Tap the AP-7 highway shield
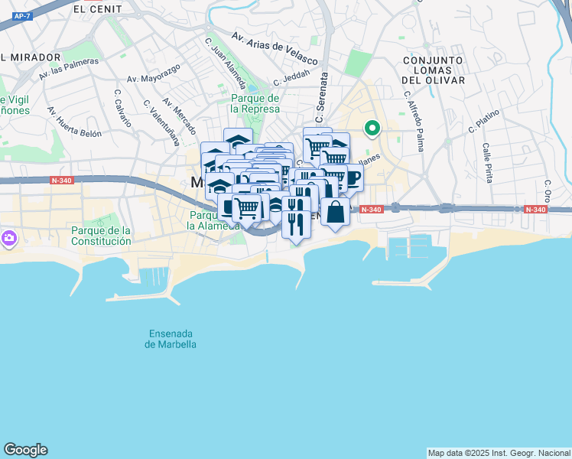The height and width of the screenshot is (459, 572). click(x=21, y=15)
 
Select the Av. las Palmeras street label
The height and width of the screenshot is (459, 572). click(x=69, y=69)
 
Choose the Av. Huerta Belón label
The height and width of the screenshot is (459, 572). click(x=74, y=122)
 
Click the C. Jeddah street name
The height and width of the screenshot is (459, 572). click(x=294, y=78)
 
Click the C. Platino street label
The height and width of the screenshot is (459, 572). click(x=484, y=120)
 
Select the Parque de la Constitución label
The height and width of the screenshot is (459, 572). click(x=101, y=236)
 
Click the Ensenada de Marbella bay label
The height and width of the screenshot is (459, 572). click(x=171, y=339)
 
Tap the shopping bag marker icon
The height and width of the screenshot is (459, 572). click(x=335, y=211)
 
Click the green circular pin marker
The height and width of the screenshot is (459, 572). click(x=372, y=129)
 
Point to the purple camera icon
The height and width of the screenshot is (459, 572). click(x=9, y=238)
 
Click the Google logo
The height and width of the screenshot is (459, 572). click(x=25, y=450)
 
